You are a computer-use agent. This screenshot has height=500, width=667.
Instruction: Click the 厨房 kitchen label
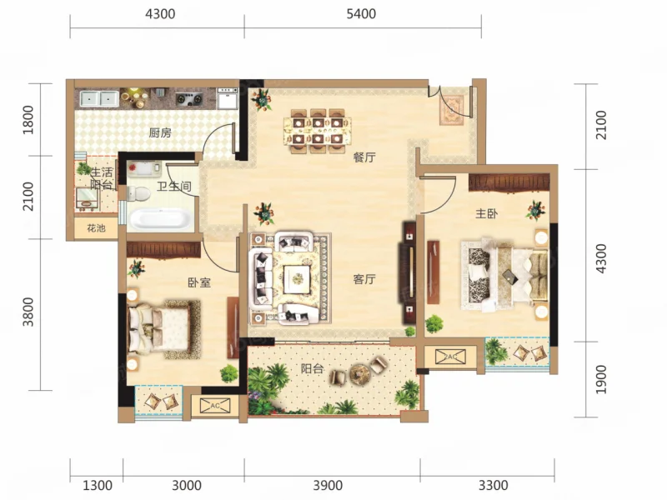pyautogui.click(x=160, y=133)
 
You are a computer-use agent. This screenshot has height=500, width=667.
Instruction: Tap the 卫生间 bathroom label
pyautogui.click(x=173, y=186)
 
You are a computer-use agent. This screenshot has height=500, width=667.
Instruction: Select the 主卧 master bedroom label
pyautogui.click(x=486, y=213)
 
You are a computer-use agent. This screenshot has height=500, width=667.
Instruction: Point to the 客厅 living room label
pyautogui.click(x=364, y=279)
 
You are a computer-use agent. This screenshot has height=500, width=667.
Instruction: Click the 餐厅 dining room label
pyautogui.click(x=364, y=157)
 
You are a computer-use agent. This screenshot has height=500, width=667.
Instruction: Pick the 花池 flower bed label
pyautogui.click(x=96, y=228)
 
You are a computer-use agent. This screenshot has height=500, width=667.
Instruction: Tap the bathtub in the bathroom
pyautogui.click(x=162, y=219)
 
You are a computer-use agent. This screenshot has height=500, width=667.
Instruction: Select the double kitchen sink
pyautogui.click(x=99, y=99)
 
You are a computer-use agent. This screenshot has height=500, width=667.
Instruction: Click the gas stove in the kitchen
pyautogui.click(x=189, y=99)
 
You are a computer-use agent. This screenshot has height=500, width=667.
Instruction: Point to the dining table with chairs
pyautogui.click(x=318, y=130)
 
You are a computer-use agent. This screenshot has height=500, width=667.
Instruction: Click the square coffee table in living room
pyautogui.click(x=298, y=279)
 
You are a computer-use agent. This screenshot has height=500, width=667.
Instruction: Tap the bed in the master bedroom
pyautogui.click(x=504, y=274)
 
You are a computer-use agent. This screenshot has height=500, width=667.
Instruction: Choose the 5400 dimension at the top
pyautogui.click(x=361, y=14)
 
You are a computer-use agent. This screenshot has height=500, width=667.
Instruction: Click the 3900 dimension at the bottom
pyautogui.click(x=328, y=485)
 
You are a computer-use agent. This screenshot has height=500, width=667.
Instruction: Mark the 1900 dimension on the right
pyautogui.click(x=600, y=379)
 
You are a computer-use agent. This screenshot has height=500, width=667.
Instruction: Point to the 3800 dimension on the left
pyautogui.click(x=28, y=312)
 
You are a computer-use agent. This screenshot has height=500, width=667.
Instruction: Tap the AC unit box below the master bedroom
pyautogui.click(x=450, y=357)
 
